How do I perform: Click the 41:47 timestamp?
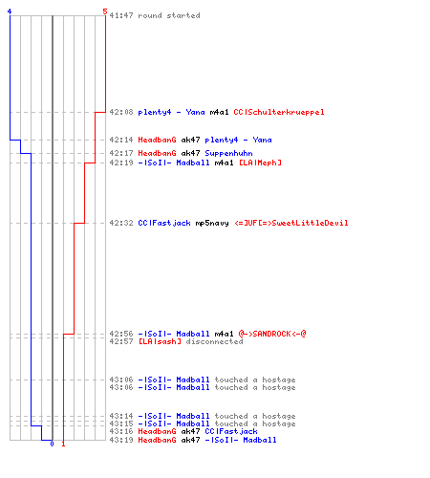point(121,15)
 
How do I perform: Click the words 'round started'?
point(169,15)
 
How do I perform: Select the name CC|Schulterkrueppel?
point(279,112)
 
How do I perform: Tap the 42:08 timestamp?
point(121,112)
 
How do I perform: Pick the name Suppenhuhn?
point(228,153)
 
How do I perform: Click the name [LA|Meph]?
point(260,163)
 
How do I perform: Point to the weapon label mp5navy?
point(212,223)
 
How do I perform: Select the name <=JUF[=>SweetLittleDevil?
point(291,223)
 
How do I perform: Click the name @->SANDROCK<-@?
point(272,334)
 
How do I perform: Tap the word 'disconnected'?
point(214,341)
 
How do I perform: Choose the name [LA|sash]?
point(160,341)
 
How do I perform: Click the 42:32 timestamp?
point(121,223)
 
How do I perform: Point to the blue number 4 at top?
point(10,11)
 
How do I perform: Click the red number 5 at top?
point(105,11)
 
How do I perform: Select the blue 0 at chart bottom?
point(52,444)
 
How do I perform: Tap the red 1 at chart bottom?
point(63,444)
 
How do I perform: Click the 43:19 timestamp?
point(121,440)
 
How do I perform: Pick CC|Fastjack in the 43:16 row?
point(231,431)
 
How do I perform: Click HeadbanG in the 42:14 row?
point(157,140)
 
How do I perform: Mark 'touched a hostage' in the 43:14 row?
point(255,416)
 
